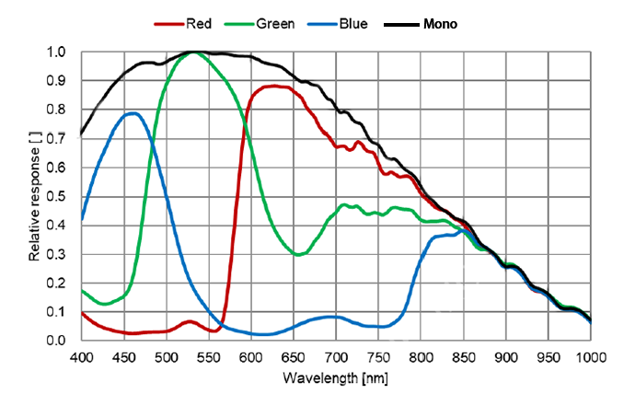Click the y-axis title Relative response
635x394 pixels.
tap(35, 195)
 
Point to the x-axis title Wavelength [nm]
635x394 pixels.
tap(337, 378)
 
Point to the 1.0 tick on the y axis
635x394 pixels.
tap(57, 52)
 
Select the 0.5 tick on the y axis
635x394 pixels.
tap(57, 197)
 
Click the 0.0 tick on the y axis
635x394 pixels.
tap(57, 341)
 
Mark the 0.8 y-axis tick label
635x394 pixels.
tap(57, 110)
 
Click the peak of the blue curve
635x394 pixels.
tap(133, 113)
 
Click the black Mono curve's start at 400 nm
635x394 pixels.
tap(82, 133)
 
